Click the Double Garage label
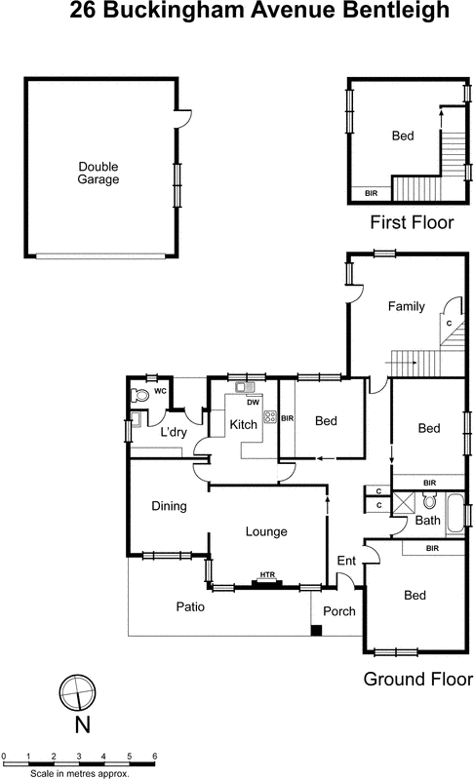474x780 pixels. pos(99,173)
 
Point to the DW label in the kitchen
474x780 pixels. pos(252,402)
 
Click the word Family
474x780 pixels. pos(407,306)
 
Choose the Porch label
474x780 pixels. pos(338,611)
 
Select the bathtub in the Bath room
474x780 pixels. pos(455,510)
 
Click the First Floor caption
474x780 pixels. pos(412,223)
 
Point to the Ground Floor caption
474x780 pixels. pos(417,679)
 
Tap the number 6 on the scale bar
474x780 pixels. pos(154,756)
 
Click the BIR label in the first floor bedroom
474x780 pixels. pos(371,193)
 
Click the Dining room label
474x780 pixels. pos(169,506)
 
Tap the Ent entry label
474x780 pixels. pos(345,561)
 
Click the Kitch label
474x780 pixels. pos(243,424)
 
